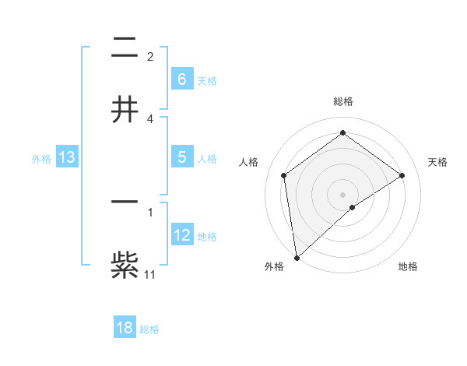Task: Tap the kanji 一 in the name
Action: coord(125,201)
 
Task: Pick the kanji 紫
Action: coord(125,265)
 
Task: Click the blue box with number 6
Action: coord(181,79)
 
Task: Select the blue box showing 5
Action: coord(181,157)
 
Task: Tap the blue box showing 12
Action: coord(181,235)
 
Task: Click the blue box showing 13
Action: coord(67,158)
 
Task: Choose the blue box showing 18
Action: coord(125,328)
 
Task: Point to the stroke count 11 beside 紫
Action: coord(150,274)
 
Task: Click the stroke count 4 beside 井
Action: coord(150,118)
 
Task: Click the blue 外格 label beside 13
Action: coord(41,159)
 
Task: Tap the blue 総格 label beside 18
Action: coord(149,329)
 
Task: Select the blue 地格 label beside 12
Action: coord(207,237)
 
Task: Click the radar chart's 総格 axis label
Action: coord(342,101)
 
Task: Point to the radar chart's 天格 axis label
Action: coord(438,162)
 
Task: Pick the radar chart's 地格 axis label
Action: coord(408,266)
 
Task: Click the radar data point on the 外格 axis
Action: coord(296,257)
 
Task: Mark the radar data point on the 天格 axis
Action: coord(402,175)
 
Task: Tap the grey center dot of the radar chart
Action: coord(342,194)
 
